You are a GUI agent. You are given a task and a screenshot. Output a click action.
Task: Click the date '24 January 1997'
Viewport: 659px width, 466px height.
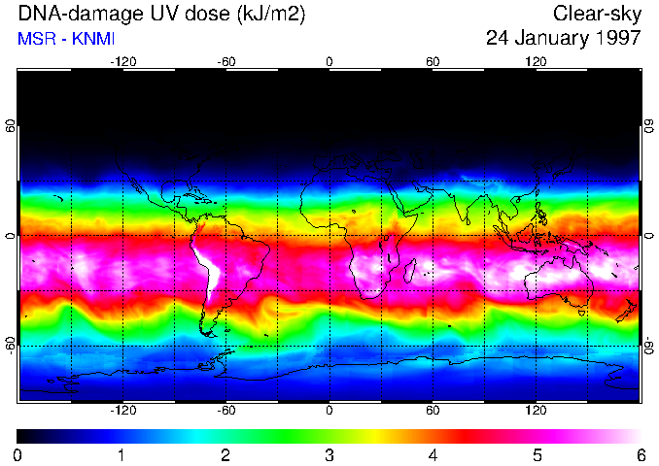click(x=563, y=39)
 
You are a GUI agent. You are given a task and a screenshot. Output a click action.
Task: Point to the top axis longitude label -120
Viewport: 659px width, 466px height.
click(x=122, y=61)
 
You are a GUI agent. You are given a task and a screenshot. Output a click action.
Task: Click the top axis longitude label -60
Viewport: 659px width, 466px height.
click(x=226, y=61)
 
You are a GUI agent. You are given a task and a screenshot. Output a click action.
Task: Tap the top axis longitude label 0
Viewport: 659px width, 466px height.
click(x=329, y=61)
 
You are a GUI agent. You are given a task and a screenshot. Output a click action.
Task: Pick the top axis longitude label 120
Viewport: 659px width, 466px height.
click(x=536, y=61)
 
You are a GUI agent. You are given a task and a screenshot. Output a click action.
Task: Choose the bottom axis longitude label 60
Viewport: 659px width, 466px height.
click(x=433, y=411)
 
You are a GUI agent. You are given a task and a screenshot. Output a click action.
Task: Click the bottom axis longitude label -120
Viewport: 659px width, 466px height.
click(x=122, y=411)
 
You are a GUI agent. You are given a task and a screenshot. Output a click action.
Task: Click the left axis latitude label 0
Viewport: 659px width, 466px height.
click(x=11, y=236)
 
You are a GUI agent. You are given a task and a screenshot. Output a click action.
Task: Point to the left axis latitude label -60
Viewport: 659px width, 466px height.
click(x=11, y=346)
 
